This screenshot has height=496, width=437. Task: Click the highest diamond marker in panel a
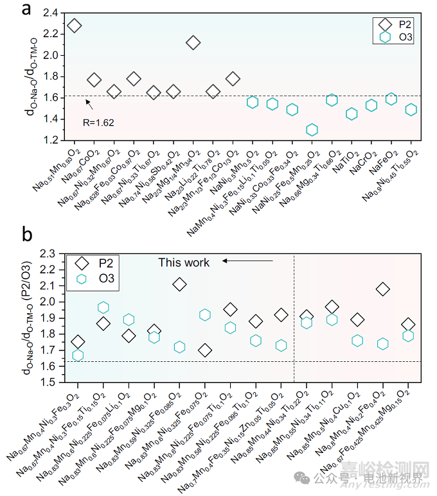74,26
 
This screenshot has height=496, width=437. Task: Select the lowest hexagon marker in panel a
312,130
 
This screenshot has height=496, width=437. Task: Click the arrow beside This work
247,262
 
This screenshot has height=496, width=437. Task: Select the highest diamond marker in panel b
180,284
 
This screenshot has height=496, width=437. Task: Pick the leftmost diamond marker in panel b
78,342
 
